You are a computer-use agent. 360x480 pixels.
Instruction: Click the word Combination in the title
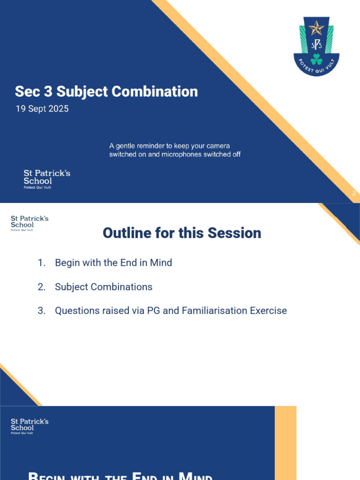coord(159,91)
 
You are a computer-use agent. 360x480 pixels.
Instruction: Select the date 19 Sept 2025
coord(42,109)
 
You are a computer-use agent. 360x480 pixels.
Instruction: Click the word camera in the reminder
coord(218,146)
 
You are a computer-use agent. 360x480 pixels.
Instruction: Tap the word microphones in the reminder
coord(180,154)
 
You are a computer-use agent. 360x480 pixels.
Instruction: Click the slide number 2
coord(354,193)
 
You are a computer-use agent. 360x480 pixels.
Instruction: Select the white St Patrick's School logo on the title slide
coord(47,179)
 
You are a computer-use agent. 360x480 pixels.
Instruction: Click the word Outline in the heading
coord(126,233)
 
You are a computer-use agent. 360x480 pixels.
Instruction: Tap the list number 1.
coord(42,263)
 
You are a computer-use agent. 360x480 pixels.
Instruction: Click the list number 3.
coord(42,311)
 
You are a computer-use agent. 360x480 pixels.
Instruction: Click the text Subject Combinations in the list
coord(104,287)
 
